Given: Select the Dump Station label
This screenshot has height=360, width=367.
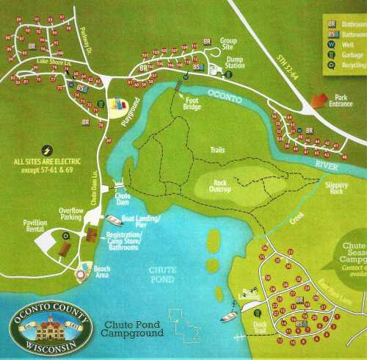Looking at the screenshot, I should click(x=236, y=65).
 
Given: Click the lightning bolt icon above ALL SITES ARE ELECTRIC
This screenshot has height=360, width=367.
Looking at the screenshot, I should click(x=48, y=148).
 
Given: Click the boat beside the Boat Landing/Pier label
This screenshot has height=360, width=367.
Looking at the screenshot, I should click(x=114, y=220).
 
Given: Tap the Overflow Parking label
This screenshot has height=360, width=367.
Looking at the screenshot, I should click(x=74, y=215).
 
